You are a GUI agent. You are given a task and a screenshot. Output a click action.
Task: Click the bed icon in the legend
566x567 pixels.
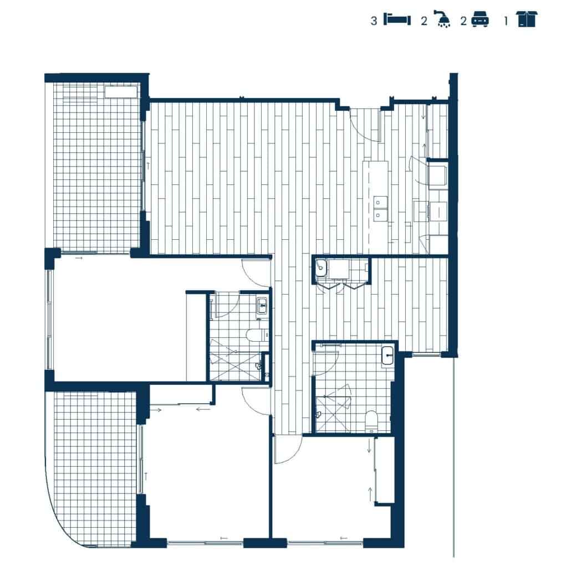pyautogui.click(x=397, y=20)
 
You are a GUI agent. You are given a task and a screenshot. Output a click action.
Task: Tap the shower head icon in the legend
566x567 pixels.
pyautogui.click(x=443, y=20)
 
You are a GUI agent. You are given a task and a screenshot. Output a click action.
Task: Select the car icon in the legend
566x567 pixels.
pyautogui.click(x=480, y=20)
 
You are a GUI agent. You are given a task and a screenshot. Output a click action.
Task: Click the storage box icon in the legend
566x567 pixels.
pyautogui.click(x=527, y=19)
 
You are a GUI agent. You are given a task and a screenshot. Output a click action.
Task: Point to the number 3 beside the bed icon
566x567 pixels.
pyautogui.click(x=374, y=20)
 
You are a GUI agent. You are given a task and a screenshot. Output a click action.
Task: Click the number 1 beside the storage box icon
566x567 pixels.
pyautogui.click(x=506, y=20)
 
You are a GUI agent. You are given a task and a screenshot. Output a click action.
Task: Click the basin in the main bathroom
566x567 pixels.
pyautogui.click(x=388, y=355)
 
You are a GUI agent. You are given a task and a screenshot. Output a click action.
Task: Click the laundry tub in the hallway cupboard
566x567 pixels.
pyautogui.click(x=322, y=270)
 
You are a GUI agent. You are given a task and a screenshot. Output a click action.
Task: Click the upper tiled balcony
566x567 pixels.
pyautogui.click(x=94, y=172)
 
